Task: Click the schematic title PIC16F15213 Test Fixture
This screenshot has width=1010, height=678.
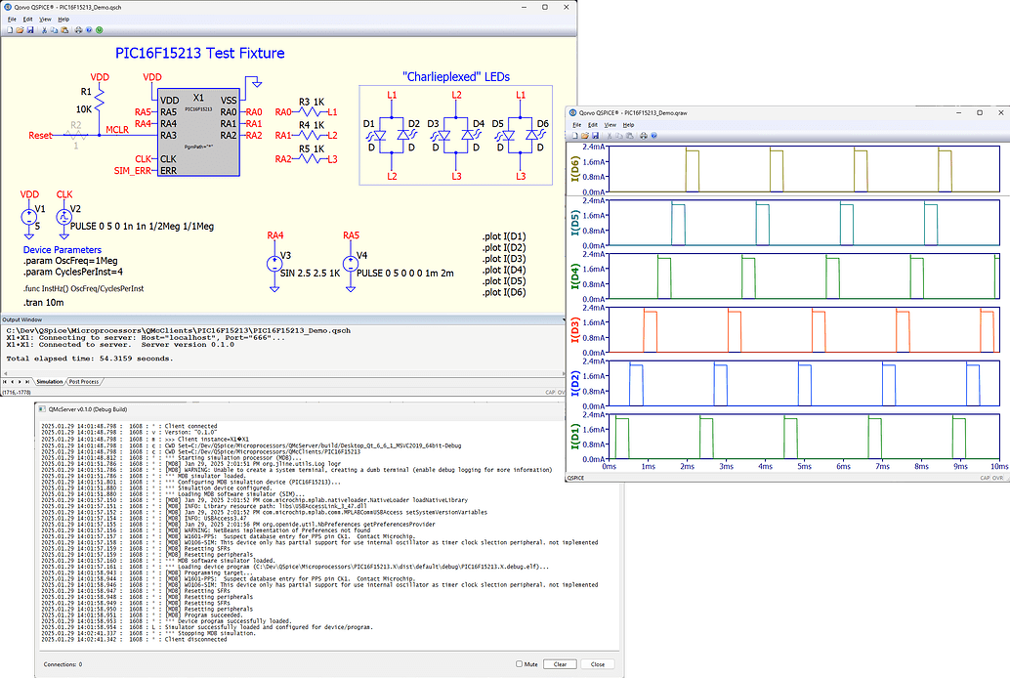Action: click(199, 53)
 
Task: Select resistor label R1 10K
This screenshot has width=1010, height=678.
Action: click(84, 102)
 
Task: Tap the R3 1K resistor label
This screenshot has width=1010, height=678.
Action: click(312, 102)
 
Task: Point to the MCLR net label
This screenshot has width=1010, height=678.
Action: click(117, 129)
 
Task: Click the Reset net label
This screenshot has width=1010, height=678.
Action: click(40, 136)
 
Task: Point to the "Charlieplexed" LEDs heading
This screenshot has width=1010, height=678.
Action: click(456, 76)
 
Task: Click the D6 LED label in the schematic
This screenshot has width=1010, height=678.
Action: click(543, 124)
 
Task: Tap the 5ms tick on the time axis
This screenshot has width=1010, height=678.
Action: click(803, 468)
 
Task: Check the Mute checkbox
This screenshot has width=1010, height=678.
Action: click(521, 664)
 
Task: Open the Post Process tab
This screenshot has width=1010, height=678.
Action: click(83, 382)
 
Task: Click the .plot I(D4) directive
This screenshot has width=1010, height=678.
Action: click(504, 270)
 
